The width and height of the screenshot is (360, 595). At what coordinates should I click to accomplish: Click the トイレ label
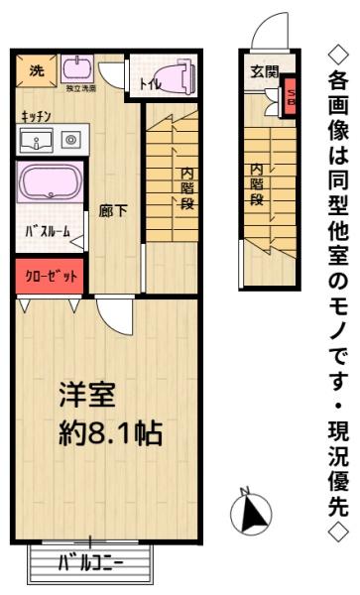tap(150, 84)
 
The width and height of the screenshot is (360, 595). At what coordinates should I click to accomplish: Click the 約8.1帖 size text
tap(109, 434)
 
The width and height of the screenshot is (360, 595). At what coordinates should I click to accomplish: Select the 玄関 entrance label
tap(264, 71)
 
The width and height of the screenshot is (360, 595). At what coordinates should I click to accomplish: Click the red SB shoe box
tap(291, 97)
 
